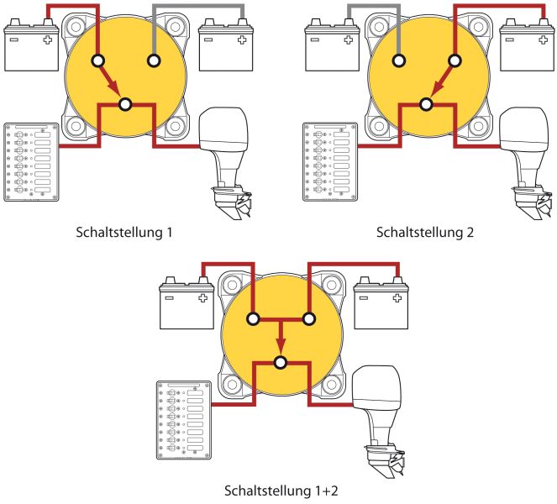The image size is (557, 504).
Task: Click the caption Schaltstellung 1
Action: [124, 233]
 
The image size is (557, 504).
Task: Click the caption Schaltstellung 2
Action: [425, 233]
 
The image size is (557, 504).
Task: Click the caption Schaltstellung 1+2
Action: [281, 491]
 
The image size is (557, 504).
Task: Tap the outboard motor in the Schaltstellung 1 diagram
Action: [226, 162]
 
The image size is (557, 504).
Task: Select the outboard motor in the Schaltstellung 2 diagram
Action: [527, 162]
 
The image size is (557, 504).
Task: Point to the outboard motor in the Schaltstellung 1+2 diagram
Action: [379, 421]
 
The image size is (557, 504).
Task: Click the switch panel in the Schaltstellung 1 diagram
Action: [31, 162]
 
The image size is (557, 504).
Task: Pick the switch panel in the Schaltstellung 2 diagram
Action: [331, 162]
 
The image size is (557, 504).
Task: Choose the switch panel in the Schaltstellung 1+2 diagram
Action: [184, 420]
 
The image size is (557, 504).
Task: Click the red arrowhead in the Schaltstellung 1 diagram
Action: [114, 87]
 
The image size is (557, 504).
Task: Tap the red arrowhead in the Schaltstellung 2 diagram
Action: [437, 87]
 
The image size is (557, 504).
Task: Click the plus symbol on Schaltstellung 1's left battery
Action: [48, 39]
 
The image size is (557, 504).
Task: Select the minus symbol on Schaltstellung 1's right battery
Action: [208, 39]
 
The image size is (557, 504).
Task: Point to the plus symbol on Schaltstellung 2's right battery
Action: [544, 39]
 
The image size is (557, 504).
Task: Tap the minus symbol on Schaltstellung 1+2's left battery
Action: [169, 297]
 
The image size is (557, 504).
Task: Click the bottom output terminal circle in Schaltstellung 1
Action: [125, 104]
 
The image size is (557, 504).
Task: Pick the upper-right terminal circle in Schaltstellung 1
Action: [154, 60]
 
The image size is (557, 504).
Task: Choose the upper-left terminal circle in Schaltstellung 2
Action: [398, 60]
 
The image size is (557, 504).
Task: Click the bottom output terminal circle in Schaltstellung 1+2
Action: [281, 363]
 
